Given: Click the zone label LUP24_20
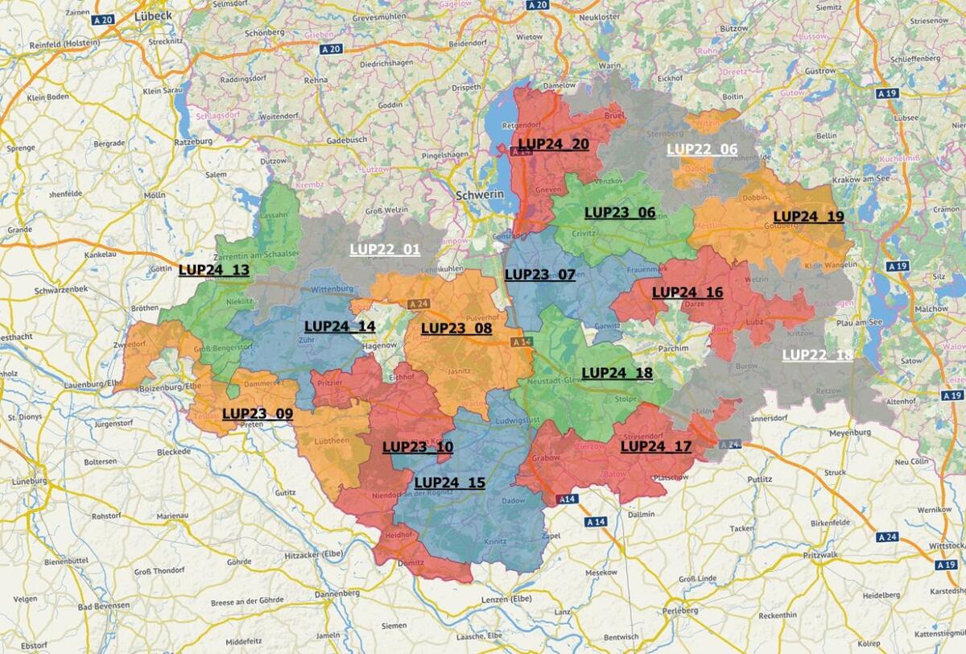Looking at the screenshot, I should pyautogui.click(x=553, y=144).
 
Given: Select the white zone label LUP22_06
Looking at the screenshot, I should pyautogui.click(x=702, y=149).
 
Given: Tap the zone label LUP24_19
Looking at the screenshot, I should pyautogui.click(x=808, y=217).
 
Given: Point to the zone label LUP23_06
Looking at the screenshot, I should pyautogui.click(x=620, y=213).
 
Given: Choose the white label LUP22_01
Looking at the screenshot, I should pyautogui.click(x=385, y=249).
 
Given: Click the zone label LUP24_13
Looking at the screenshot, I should pyautogui.click(x=214, y=270).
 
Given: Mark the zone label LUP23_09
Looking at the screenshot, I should pyautogui.click(x=258, y=413).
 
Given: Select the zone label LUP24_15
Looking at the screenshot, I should pyautogui.click(x=450, y=482).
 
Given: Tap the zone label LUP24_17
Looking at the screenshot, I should pyautogui.click(x=656, y=446).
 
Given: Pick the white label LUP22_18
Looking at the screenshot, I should pyautogui.click(x=817, y=354).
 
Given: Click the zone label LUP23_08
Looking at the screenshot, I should pyautogui.click(x=456, y=328).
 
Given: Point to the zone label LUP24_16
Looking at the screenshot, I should pyautogui.click(x=687, y=292).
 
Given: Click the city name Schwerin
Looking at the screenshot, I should pyautogui.click(x=479, y=195).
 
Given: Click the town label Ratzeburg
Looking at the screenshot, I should pyautogui.click(x=190, y=141).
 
